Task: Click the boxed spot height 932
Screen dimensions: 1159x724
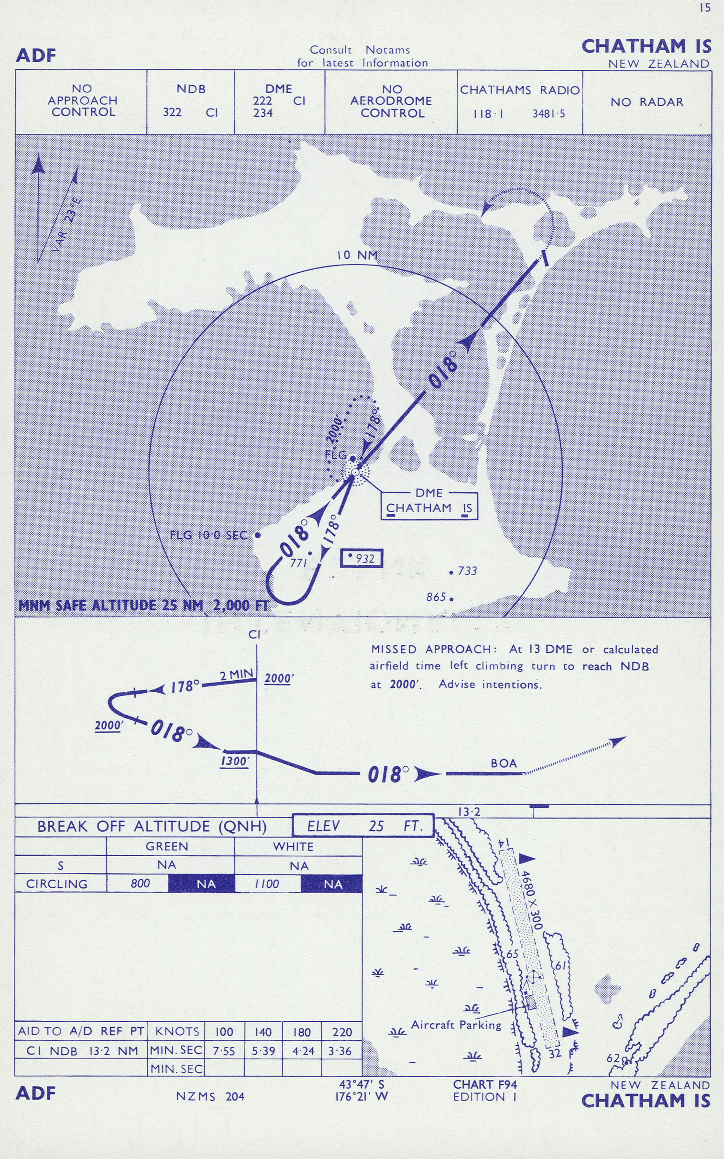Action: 362,558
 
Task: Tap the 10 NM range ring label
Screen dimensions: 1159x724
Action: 357,255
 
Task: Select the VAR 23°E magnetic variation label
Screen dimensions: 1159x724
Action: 67,225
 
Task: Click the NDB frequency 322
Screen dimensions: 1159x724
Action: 172,112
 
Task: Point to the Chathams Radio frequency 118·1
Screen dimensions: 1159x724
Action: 488,114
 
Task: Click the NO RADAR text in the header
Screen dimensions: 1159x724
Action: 647,102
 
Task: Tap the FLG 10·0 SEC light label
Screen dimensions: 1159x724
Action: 208,535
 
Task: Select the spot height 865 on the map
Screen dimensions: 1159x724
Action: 436,597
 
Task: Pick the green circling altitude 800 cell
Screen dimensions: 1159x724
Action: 140,883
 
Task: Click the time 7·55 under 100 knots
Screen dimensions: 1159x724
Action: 224,1051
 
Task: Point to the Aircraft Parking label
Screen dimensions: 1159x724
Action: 456,1025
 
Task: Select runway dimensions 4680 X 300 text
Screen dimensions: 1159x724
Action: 532,900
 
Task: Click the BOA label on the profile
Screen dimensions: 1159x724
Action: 503,763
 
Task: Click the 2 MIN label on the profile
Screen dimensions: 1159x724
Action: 236,675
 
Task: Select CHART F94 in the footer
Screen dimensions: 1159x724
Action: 484,1084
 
